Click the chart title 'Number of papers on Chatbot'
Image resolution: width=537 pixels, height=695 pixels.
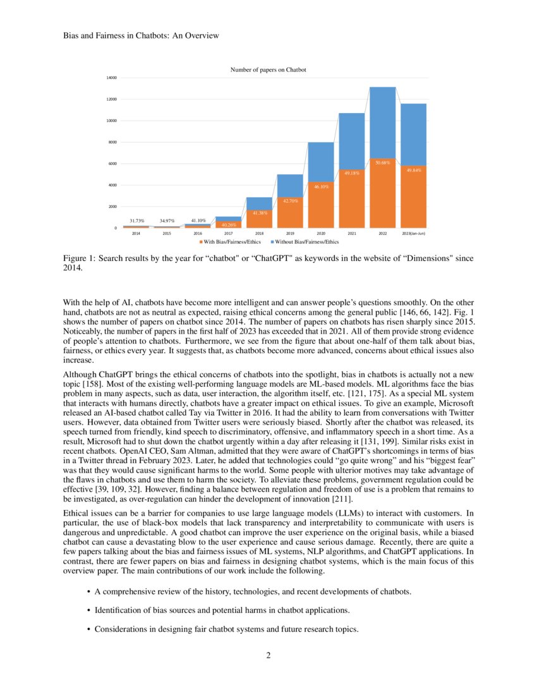coord(268,69)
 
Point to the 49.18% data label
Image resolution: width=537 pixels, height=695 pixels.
coord(352,172)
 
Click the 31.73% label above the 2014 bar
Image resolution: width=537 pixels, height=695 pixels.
coord(137,221)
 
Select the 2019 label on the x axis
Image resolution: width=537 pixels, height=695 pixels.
coord(290,234)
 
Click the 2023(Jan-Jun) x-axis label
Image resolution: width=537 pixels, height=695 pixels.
coord(413,234)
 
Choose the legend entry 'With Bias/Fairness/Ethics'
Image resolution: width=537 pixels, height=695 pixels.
coord(231,242)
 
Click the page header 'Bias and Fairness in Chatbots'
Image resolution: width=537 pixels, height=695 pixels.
coord(141,36)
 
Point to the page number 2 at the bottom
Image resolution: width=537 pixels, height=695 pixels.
coord(268,655)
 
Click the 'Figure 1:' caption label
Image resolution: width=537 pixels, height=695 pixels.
coord(80,258)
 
